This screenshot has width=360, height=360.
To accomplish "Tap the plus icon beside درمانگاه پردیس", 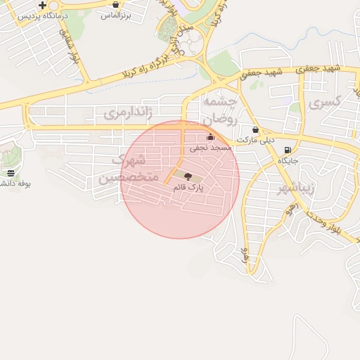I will tap(43, 5).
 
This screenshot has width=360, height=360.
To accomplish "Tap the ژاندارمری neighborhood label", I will tap(129, 112).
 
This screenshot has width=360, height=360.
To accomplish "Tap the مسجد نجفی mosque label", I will tap(210, 148).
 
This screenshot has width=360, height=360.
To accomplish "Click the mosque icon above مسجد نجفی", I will tap(210, 137).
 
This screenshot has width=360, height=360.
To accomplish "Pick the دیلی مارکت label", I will tap(255, 140).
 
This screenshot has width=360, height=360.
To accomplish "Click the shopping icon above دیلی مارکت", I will tap(255, 130).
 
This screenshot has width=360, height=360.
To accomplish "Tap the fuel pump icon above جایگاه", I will tap(287, 150).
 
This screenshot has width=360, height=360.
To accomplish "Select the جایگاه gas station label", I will tap(288, 161).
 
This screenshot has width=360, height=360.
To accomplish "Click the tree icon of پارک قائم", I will tap(187, 176).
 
